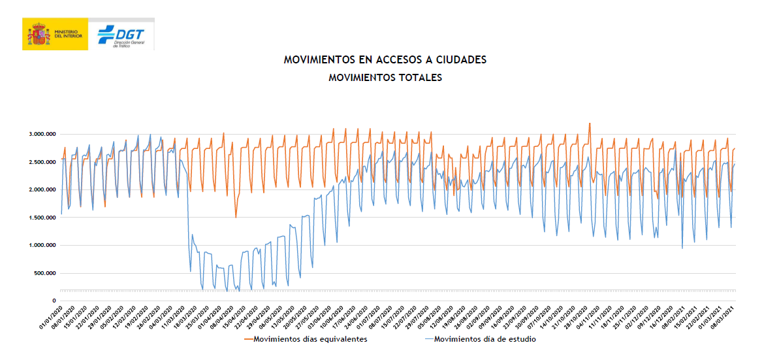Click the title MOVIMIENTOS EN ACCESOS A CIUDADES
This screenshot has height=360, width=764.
[x=385, y=60]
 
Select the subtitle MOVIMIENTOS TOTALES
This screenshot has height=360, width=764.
[x=385, y=77]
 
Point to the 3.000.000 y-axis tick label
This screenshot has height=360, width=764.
[x=39, y=135]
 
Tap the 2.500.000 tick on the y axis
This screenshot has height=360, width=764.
[x=39, y=162]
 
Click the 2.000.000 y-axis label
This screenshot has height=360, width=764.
[x=39, y=190]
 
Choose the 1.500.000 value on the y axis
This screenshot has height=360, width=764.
[x=39, y=218]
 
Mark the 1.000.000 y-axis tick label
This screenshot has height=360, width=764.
[x=39, y=246]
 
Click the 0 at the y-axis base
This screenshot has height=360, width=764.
[x=54, y=301]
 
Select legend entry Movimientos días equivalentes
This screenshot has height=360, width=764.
[x=310, y=339]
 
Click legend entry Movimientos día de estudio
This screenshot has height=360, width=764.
[x=485, y=339]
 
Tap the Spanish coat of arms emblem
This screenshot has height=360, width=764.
[x=39, y=35]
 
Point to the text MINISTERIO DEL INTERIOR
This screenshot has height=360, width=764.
[x=68, y=34]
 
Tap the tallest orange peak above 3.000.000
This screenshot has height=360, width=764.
[x=590, y=123]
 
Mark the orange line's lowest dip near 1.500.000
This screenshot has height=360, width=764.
[x=236, y=216]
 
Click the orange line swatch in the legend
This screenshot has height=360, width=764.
[x=248, y=339]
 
